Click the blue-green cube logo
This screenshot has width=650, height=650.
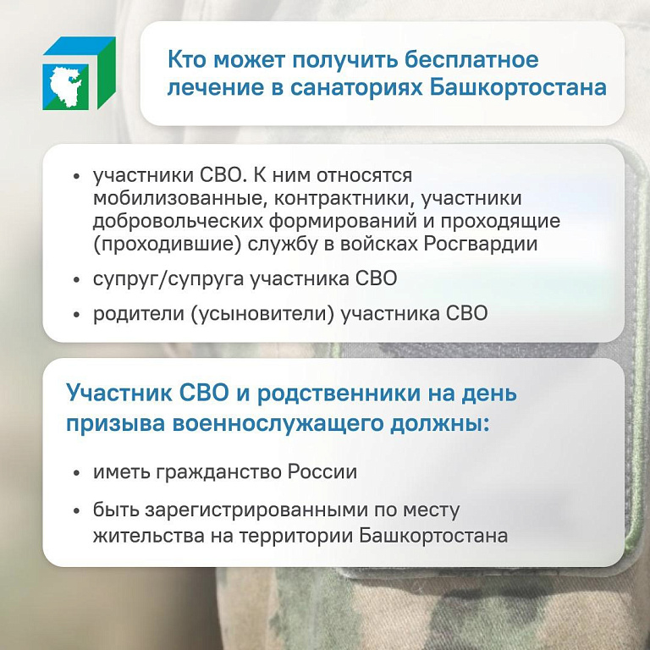80,73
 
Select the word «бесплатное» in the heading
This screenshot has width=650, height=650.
471,60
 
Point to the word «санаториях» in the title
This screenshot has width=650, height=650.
355,88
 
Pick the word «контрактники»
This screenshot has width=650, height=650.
344,199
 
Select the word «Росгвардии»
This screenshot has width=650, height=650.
481,245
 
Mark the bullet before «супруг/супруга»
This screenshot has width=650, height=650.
76,280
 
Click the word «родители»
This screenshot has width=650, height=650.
139,314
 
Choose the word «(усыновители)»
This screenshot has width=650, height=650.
262,314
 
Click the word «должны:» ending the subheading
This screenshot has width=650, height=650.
440,424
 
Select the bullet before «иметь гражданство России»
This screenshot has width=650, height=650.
76,473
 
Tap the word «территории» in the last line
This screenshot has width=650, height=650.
296,536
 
